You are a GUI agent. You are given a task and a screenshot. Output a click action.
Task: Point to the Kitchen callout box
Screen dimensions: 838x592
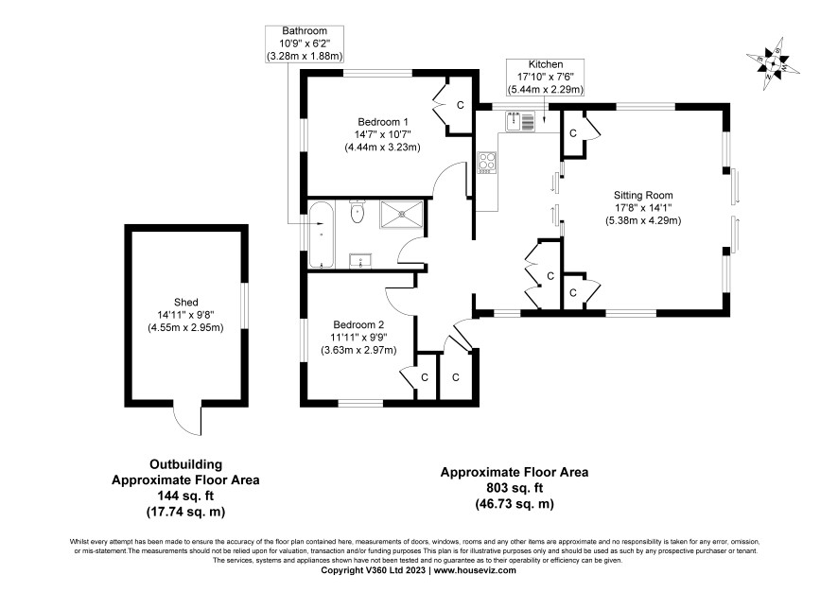click(545, 77)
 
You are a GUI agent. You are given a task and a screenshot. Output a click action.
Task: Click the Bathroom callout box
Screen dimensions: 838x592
click(305, 44)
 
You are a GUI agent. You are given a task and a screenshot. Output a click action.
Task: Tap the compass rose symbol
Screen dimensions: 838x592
click(773, 64)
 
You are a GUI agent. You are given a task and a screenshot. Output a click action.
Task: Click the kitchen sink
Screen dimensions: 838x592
click(520, 121)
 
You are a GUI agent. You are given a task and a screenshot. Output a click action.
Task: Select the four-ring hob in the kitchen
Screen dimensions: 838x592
click(487, 163)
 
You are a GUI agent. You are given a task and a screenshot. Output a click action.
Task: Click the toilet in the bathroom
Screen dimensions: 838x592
click(357, 212)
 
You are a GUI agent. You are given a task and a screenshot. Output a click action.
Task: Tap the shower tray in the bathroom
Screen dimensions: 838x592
click(401, 215)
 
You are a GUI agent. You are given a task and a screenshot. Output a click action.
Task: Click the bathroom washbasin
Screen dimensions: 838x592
click(360, 261)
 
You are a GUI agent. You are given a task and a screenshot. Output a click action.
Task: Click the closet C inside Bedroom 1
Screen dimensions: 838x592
click(461, 105)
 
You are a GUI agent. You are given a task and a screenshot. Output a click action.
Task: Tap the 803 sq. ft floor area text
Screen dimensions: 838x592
click(515, 488)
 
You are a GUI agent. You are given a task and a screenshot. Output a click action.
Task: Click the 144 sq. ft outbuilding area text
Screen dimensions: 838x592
click(185, 496)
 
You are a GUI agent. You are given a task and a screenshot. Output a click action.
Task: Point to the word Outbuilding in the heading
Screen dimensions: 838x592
click(185, 464)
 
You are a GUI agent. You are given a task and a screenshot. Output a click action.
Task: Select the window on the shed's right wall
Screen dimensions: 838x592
click(245, 305)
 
